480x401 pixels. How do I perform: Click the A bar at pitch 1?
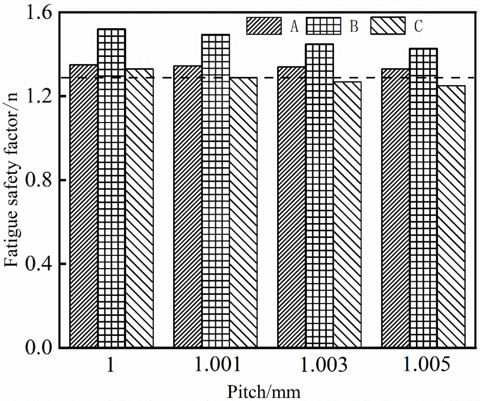83,206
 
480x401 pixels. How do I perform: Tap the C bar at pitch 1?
140,208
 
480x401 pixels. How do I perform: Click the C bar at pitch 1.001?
244,212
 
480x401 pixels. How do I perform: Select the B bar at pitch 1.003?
319,196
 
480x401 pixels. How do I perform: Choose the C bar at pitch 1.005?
451,216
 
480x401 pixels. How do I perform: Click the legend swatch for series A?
264,25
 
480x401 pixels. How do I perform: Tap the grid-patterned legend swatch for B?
324,25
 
